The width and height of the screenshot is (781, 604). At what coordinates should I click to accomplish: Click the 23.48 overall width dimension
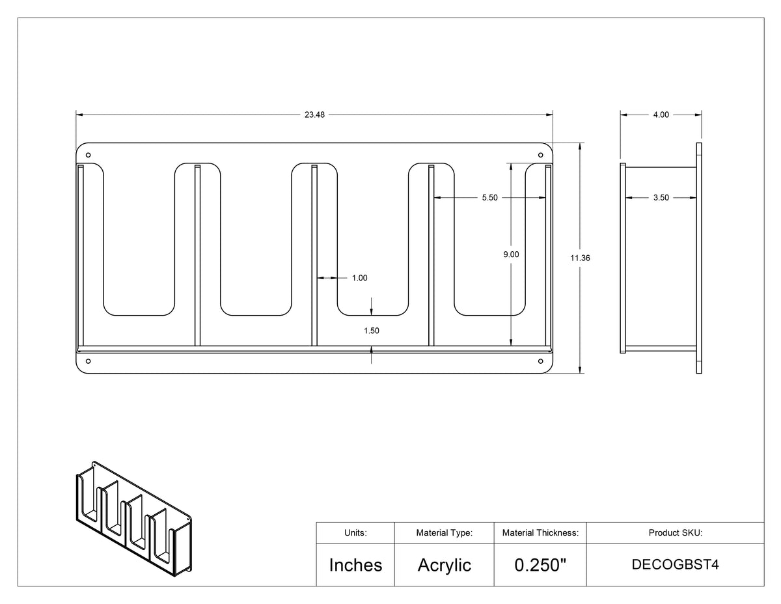click(314, 115)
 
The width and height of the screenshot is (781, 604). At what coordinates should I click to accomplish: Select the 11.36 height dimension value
click(580, 258)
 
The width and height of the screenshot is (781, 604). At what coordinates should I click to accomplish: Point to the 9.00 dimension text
click(511, 254)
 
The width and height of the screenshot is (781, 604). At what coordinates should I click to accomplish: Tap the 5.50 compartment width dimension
click(490, 198)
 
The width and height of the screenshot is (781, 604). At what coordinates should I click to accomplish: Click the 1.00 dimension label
click(359, 278)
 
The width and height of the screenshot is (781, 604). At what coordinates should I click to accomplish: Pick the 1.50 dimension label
click(371, 331)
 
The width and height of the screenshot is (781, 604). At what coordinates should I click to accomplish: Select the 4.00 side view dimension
click(661, 115)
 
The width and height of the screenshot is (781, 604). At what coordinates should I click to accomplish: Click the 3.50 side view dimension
click(661, 198)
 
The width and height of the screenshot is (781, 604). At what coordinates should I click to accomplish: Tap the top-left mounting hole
click(88, 155)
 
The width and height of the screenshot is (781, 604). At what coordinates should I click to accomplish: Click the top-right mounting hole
click(541, 155)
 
